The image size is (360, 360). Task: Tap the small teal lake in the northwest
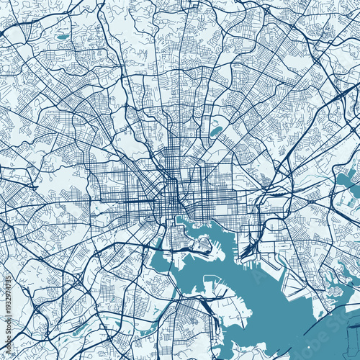click(x=63, y=36)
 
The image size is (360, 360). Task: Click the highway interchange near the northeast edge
click(x=338, y=94)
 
